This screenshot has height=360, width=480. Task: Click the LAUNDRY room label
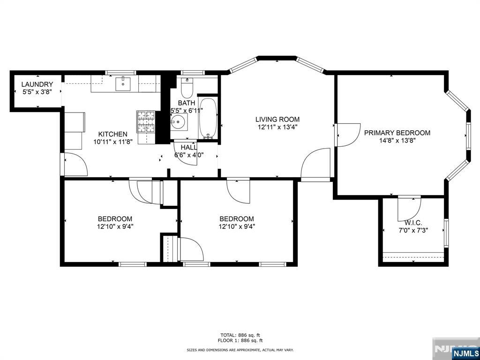tap(37, 84)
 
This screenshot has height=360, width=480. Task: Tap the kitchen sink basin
tap(123, 84)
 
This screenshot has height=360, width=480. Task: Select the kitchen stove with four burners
tap(146, 122)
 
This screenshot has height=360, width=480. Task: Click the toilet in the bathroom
tap(187, 87)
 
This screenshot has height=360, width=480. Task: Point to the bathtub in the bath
tap(208, 119)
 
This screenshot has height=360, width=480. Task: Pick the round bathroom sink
tap(178, 122)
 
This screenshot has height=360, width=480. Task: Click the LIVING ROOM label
tap(277, 120)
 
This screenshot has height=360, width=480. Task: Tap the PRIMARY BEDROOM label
tap(397, 133)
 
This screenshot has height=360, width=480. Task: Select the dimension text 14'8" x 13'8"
tap(397, 141)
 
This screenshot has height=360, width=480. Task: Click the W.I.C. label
tap(413, 223)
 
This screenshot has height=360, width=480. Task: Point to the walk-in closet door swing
tap(409, 209)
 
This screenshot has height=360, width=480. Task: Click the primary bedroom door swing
tap(348, 135)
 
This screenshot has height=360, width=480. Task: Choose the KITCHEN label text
tap(112, 134)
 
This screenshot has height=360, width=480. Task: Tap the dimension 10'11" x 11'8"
tap(112, 142)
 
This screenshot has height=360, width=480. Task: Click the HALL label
tap(189, 147)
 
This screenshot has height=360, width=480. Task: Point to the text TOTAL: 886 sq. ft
tap(240, 335)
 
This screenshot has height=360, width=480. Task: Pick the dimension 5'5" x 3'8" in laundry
tap(37, 91)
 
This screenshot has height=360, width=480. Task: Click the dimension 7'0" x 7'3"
tap(413, 230)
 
